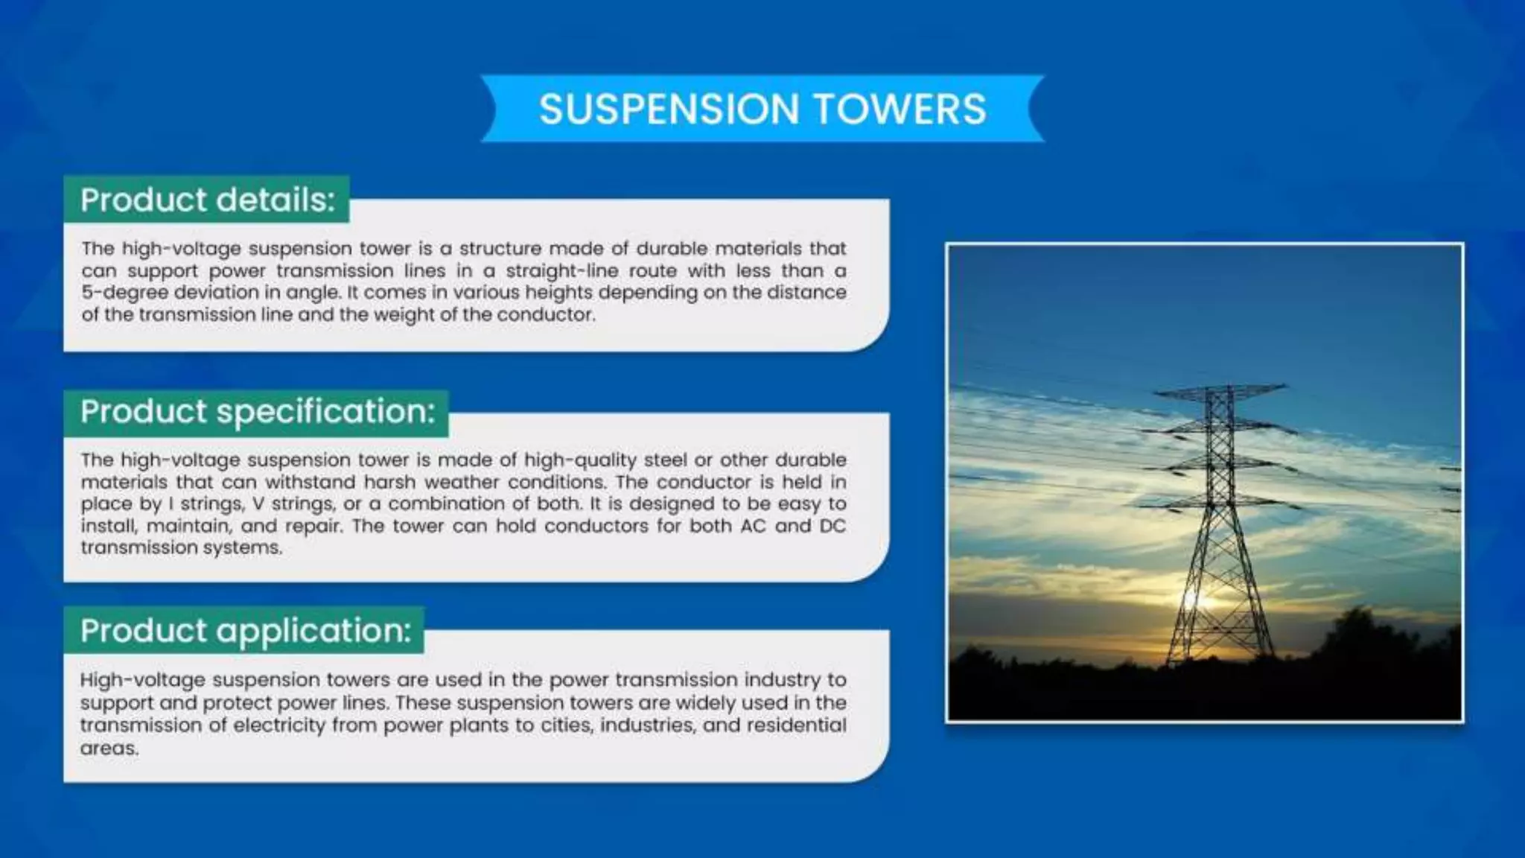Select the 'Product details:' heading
click(x=208, y=200)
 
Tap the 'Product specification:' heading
click(x=257, y=412)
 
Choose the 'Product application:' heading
click(x=245, y=631)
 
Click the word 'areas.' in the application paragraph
click(x=109, y=748)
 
